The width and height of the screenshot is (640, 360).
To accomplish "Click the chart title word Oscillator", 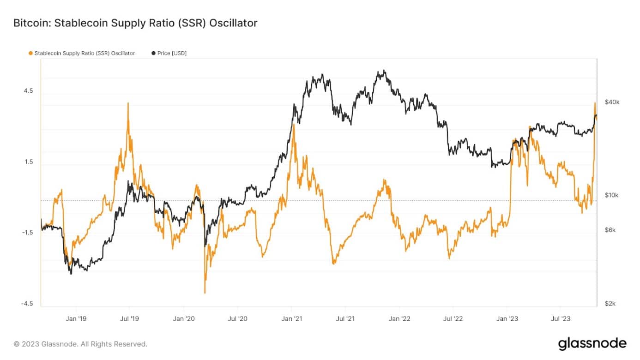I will [233, 23].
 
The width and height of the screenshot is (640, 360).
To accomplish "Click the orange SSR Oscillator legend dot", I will [30, 54].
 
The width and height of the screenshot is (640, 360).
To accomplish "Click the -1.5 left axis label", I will [27, 233].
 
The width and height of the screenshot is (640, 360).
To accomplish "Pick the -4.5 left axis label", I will [27, 304].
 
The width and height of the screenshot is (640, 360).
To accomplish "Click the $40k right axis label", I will [612, 102].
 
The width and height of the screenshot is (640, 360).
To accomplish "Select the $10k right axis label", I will [611, 195].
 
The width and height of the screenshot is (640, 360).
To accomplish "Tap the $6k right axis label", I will [610, 230].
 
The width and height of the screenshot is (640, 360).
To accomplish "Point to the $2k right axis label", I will [610, 304].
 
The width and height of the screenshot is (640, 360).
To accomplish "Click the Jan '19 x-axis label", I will [76, 318].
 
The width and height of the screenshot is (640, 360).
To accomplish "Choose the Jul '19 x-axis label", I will [129, 318].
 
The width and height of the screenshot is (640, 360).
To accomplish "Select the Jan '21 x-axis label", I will [292, 318].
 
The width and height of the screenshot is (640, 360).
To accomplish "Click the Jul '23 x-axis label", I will [561, 318].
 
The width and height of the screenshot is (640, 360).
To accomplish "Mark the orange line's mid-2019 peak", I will [128, 103].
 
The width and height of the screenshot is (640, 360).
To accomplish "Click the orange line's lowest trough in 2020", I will [205, 293].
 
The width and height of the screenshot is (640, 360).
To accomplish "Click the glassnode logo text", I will [592, 344].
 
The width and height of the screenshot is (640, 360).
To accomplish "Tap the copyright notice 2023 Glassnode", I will [80, 344].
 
